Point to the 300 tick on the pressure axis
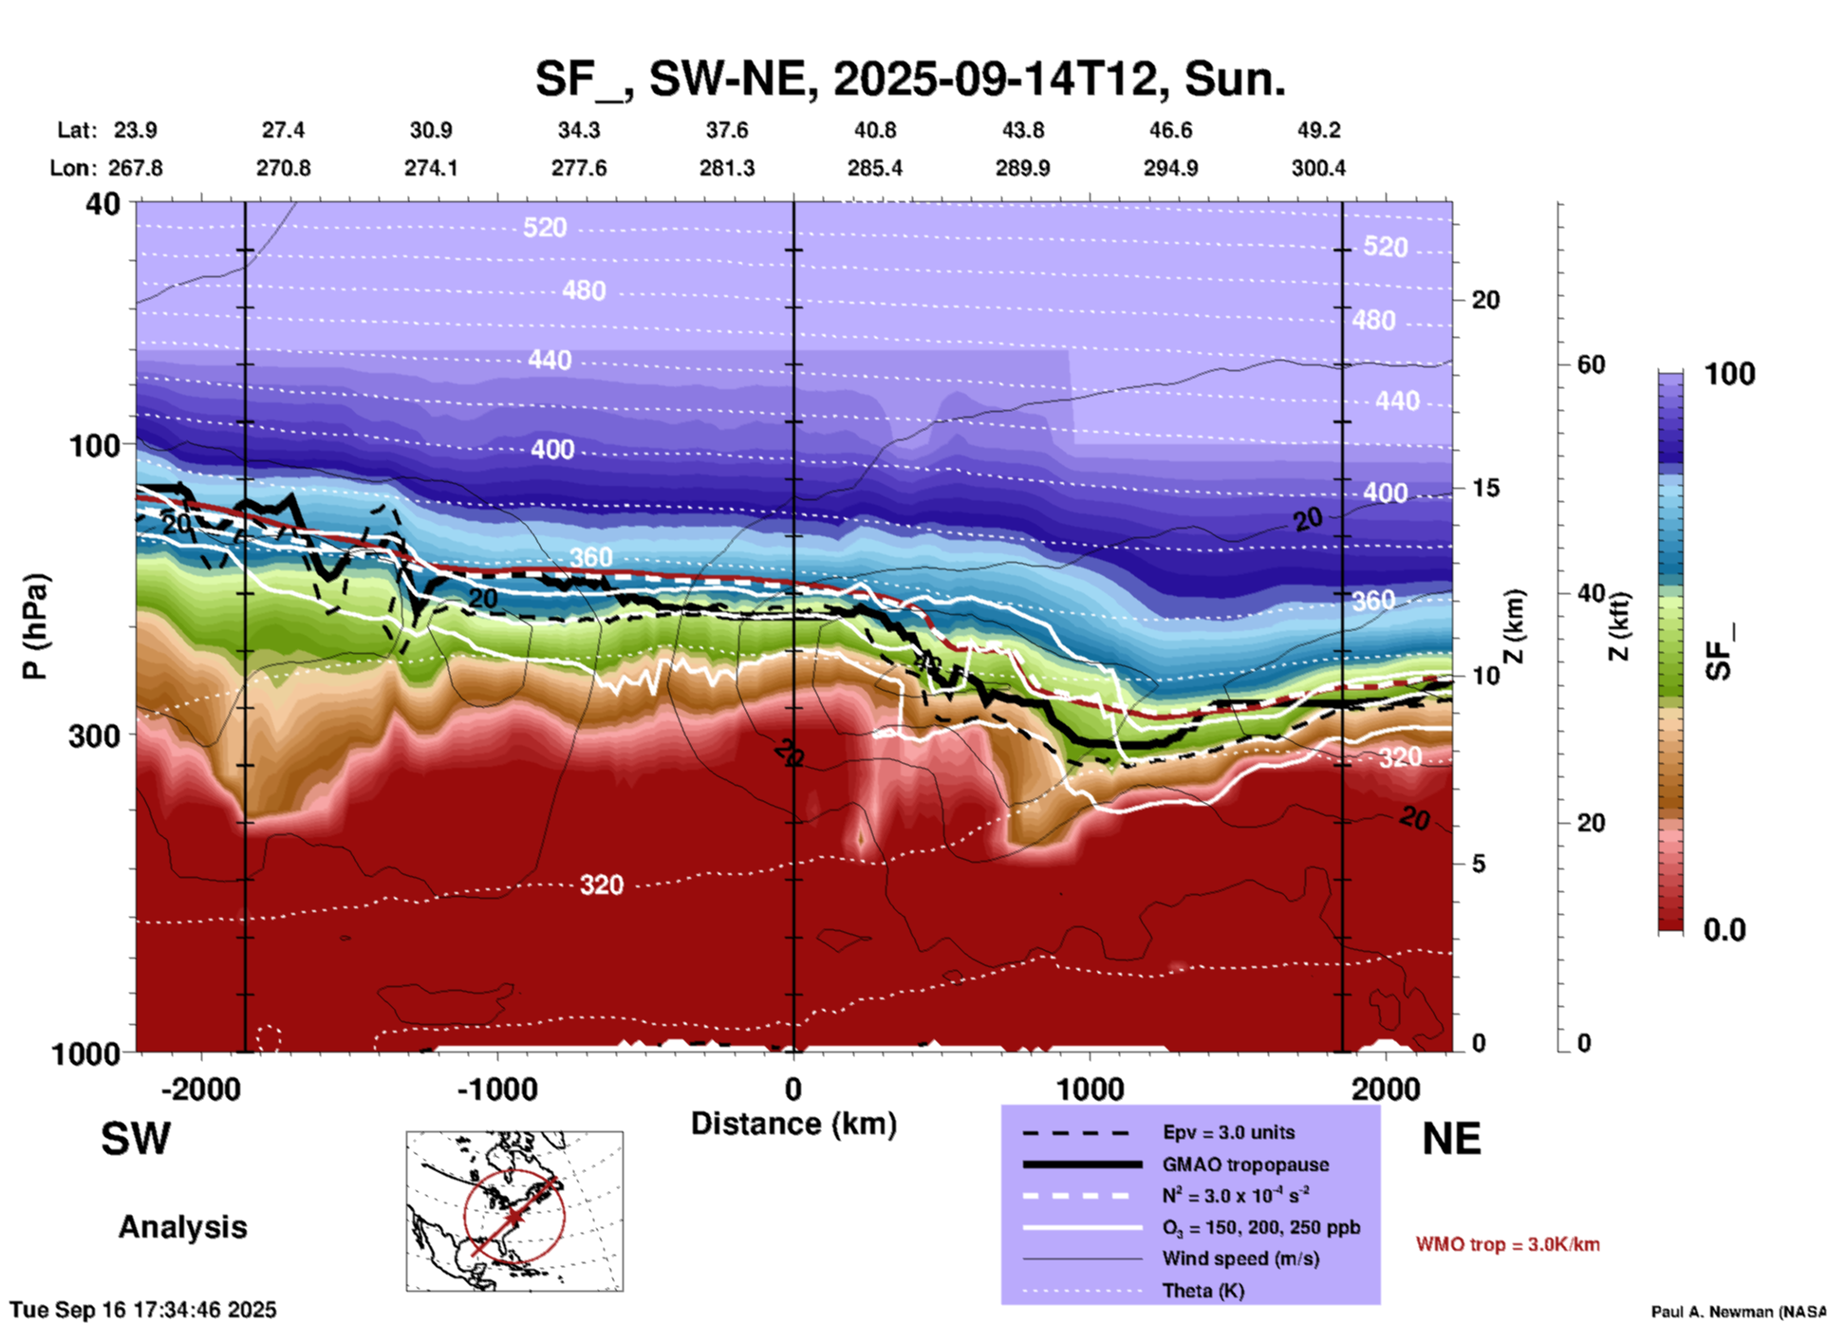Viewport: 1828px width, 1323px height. (94, 736)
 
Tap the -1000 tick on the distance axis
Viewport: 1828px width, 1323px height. (496, 1089)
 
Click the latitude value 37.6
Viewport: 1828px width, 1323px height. (726, 130)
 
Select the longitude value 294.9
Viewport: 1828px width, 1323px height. (1170, 168)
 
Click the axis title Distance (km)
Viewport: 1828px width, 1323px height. (793, 1124)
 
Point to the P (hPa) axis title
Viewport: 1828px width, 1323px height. (35, 626)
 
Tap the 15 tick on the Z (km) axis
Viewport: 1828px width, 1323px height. (1485, 488)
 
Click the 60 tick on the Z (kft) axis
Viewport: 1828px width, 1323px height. (1591, 364)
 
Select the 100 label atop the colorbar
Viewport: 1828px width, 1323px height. (1729, 374)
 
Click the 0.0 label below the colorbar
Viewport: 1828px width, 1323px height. (1725, 929)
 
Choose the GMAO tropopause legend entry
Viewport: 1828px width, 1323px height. (1244, 1165)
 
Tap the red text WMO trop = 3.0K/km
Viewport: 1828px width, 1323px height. (1507, 1244)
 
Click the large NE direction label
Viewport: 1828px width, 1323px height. (1451, 1139)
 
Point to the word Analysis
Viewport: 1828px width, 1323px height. (182, 1227)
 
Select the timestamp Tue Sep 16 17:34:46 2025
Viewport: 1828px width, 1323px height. (143, 1310)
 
